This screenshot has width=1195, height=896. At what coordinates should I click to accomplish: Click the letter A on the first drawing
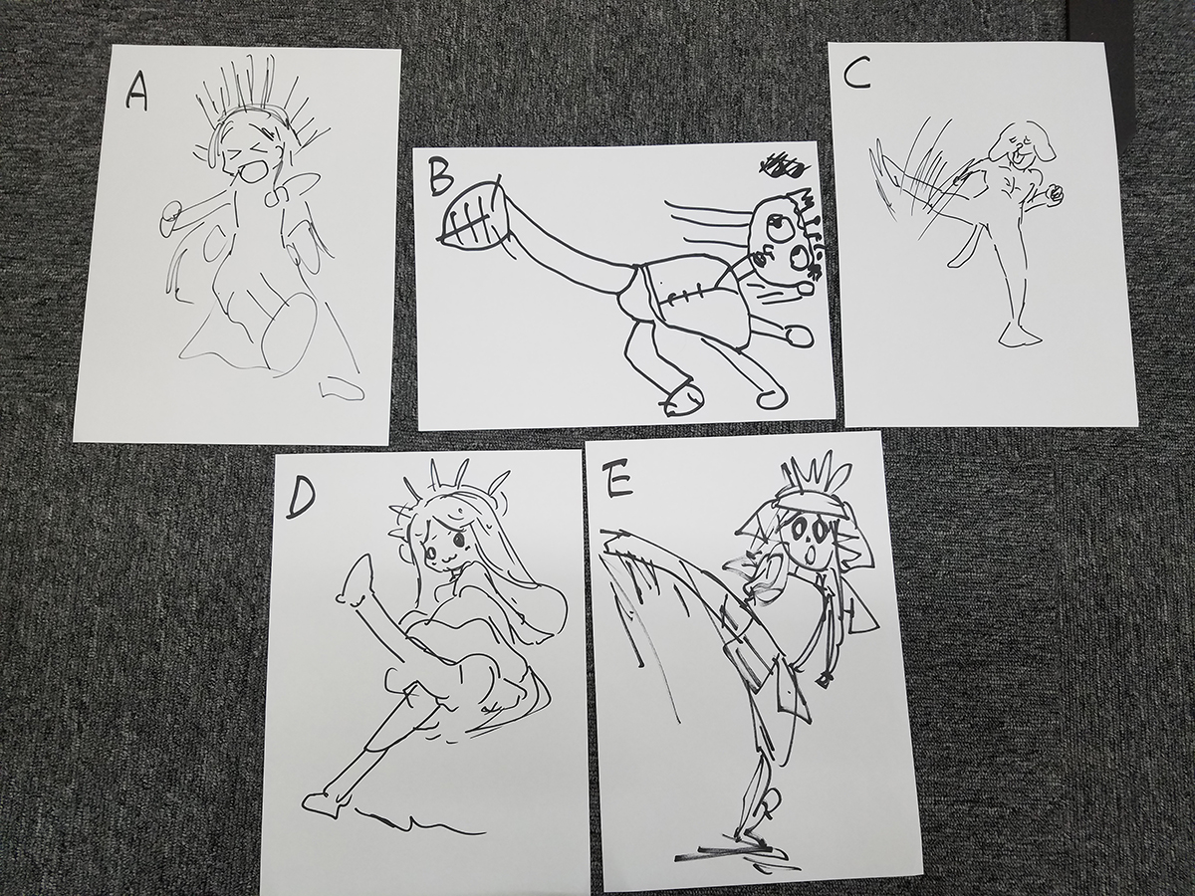click(136, 93)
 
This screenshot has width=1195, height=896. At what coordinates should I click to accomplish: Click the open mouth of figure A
click(252, 173)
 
